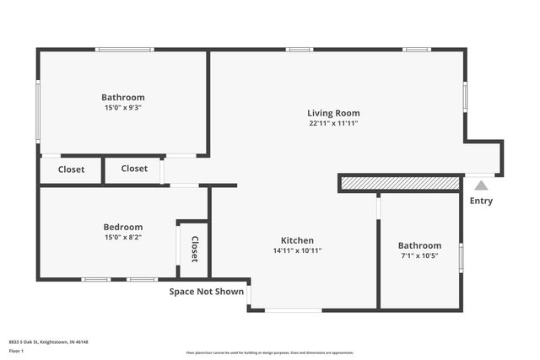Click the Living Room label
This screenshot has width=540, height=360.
[x=333, y=113]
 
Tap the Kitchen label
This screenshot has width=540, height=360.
[x=297, y=240]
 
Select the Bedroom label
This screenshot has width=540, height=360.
[x=123, y=227]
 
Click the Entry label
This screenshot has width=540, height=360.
[x=481, y=201]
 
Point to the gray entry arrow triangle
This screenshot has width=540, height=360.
[x=481, y=185]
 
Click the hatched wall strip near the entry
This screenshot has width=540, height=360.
[x=400, y=183]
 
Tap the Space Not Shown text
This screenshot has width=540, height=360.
[x=207, y=292]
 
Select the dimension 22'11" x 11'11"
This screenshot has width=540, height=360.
[x=333, y=123]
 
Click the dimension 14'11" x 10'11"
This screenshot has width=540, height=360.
[x=297, y=250]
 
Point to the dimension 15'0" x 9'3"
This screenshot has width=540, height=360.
[x=123, y=107]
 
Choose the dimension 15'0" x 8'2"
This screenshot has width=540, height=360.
[x=123, y=237]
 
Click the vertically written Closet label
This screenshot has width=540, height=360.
[x=194, y=248]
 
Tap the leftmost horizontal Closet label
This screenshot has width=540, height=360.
[x=71, y=169]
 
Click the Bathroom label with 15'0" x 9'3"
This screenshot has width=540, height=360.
[x=123, y=97]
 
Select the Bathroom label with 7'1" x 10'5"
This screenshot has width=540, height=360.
[x=419, y=245]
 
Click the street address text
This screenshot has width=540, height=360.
[x=49, y=342]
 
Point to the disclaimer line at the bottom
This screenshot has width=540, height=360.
[x=270, y=351]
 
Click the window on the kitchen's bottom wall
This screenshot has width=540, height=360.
[x=293, y=310]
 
